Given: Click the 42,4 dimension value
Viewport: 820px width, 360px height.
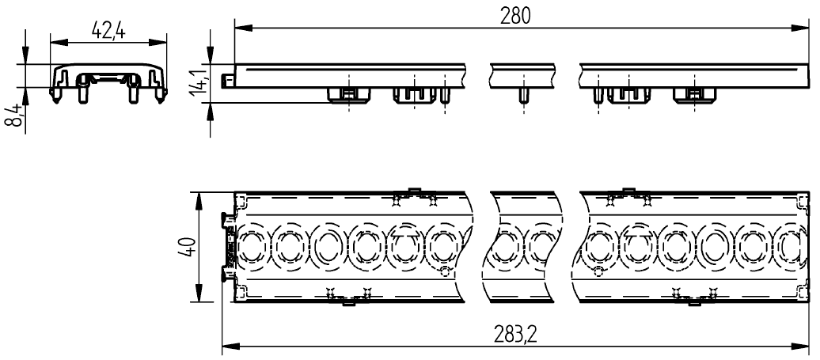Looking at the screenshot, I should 109,30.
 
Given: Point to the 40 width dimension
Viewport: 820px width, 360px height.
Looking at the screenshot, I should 183,247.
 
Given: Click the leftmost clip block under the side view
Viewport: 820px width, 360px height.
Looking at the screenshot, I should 348,94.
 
